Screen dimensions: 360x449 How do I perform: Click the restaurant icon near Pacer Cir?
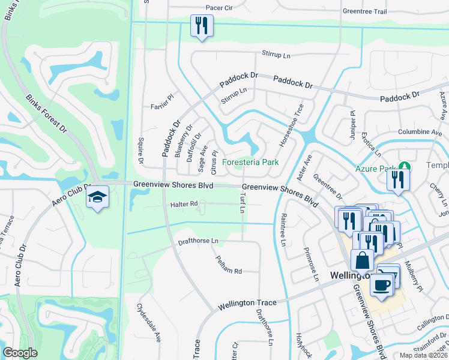201,26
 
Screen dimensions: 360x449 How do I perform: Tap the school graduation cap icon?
97,197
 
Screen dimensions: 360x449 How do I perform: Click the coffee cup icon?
381,284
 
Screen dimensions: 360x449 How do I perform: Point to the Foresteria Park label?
251,163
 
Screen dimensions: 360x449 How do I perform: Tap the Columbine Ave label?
420,132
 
